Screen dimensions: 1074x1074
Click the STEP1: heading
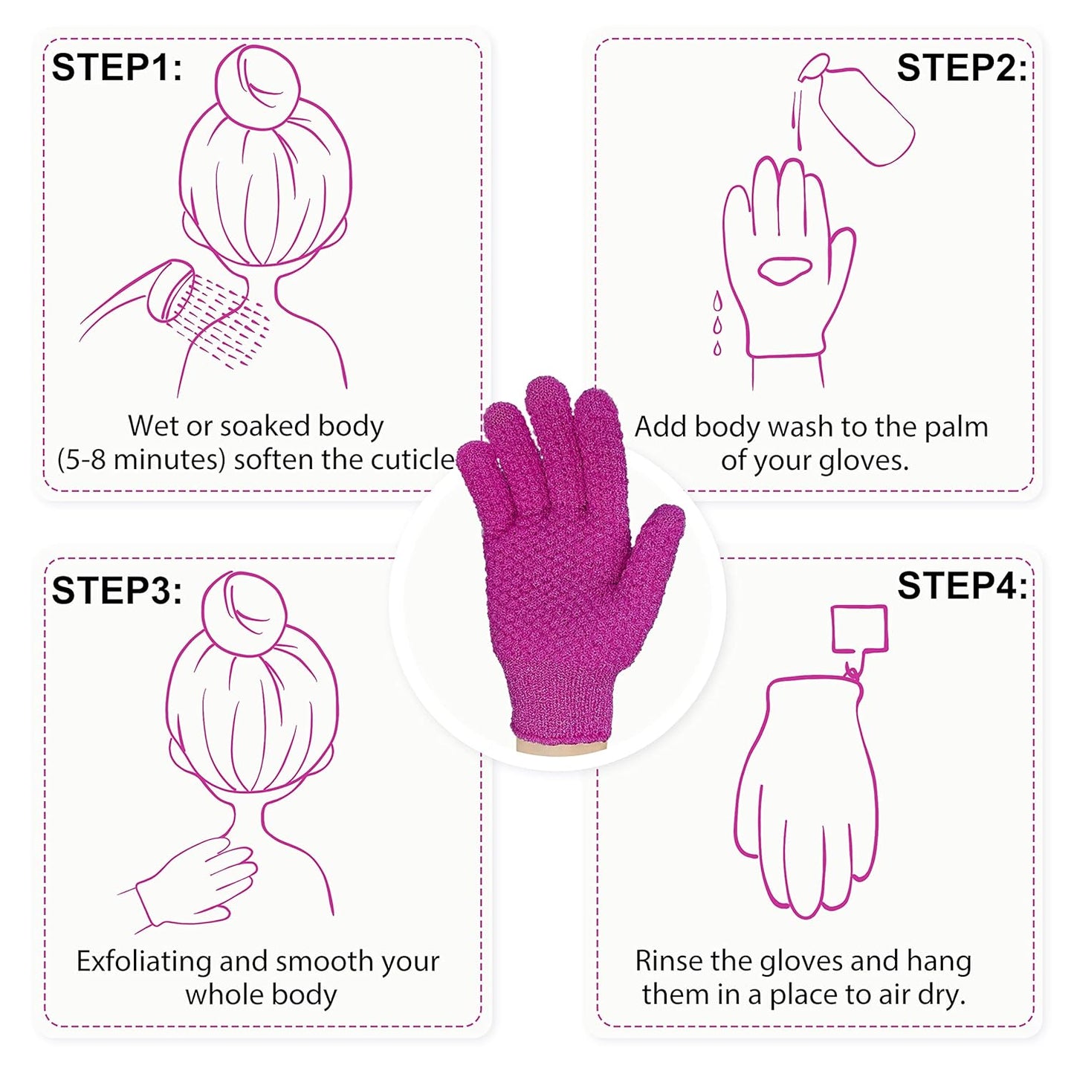point(117,68)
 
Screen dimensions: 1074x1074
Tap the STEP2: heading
point(961,68)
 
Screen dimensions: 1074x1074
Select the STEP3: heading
point(117,591)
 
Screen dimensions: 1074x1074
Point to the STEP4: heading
point(962,586)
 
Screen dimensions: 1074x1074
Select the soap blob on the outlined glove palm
point(785,270)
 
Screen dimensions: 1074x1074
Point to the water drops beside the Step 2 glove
point(717,324)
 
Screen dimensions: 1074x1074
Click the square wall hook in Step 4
point(859,629)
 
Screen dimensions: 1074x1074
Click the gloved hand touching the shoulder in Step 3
point(201,880)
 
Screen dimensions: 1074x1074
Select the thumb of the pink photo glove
point(655,550)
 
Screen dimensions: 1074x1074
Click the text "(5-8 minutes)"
point(140,459)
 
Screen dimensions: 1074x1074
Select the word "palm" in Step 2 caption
point(956,427)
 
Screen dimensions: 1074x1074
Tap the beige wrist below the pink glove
point(561,746)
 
